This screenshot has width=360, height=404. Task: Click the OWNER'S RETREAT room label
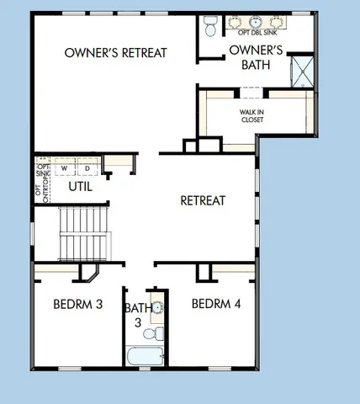pyautogui.click(x=116, y=52)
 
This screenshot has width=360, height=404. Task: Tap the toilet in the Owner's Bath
pyautogui.click(x=210, y=26)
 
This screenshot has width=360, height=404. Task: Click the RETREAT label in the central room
pyautogui.click(x=204, y=200)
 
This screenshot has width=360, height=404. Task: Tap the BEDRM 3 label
pyautogui.click(x=77, y=304)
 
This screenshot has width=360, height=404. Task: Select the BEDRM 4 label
pyautogui.click(x=216, y=303)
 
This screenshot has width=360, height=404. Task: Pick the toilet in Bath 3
pyautogui.click(x=151, y=334)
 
